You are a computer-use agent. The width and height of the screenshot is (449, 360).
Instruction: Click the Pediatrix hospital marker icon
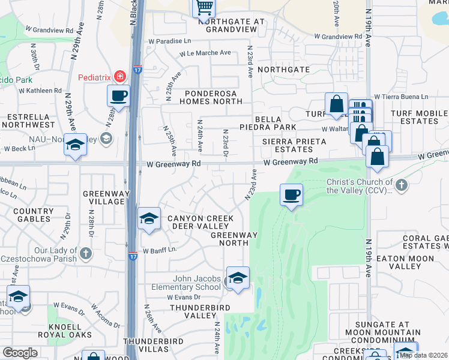(x=120, y=76)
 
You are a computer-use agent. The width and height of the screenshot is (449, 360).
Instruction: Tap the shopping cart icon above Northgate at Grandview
(x=204, y=8)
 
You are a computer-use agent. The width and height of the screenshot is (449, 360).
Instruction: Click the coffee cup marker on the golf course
(x=291, y=194)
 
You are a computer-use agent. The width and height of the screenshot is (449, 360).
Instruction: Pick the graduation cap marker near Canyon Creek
(x=148, y=219)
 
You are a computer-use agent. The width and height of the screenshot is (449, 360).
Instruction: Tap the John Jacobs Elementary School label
(x=197, y=283)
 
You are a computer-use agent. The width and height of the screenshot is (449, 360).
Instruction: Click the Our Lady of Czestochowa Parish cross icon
(x=86, y=253)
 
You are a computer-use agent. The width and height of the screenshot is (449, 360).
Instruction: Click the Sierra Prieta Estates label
(x=294, y=145)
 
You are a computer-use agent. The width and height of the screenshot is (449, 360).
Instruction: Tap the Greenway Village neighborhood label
(x=103, y=197)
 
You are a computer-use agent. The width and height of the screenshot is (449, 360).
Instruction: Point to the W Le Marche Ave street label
(x=205, y=53)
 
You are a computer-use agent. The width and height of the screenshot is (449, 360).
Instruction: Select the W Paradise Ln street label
(x=171, y=41)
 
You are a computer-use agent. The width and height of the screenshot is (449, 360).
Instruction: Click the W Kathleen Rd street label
(x=40, y=91)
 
